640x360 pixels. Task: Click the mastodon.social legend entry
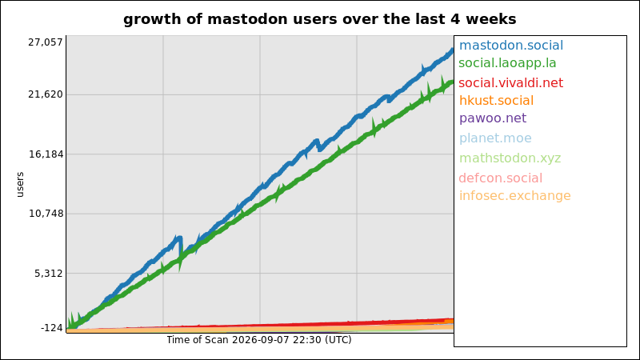511,46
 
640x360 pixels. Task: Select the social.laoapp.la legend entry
507,63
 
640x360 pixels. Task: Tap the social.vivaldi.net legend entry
510,83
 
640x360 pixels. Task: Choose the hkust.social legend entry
496,101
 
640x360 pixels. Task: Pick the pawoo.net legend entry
493,118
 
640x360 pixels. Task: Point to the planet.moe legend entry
495,138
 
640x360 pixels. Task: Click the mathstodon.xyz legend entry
510,158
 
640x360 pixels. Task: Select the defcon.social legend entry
501,178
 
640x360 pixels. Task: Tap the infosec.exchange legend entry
514,196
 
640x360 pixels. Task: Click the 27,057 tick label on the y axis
46,42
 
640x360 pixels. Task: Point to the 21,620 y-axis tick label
46,94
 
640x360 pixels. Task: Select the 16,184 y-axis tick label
46,154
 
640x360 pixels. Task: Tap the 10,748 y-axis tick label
46,214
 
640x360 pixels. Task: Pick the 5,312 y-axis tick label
49,274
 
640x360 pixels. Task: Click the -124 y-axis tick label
52,328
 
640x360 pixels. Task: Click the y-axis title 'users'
20,185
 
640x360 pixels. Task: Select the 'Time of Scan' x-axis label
197,340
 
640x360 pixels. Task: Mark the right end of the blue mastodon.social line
453,50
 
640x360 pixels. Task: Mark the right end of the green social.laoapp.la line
453,82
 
